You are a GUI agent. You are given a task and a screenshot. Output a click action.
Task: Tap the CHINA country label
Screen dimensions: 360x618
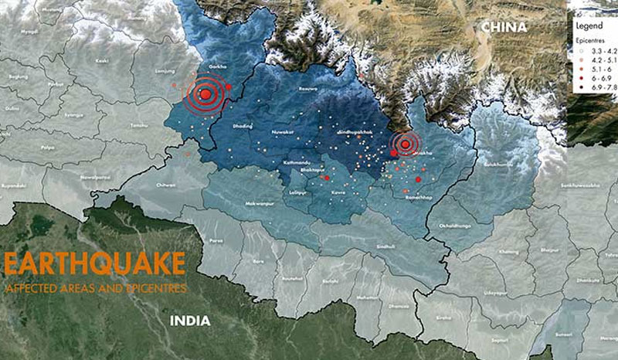click(x=504, y=27)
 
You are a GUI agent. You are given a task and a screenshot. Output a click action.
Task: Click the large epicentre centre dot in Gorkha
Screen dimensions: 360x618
click(x=205, y=95)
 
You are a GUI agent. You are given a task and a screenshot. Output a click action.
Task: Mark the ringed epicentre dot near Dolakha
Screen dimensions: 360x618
click(x=405, y=144)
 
